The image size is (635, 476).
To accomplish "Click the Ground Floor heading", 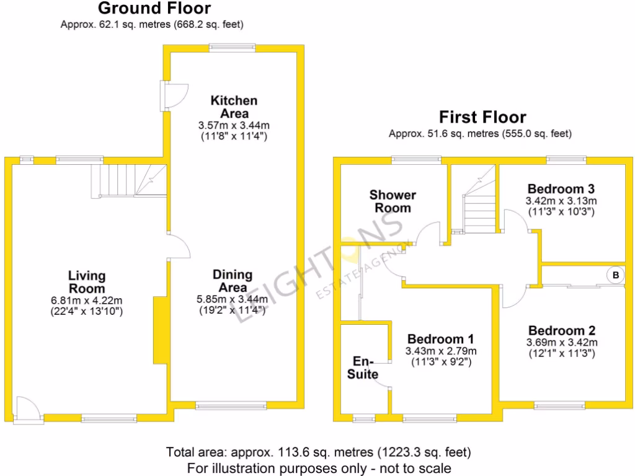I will click(154, 9).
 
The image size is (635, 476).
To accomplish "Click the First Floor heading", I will click(482, 117).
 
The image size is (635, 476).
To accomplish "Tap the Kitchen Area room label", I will click(233, 107).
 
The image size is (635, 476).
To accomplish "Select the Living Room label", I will click(87, 282).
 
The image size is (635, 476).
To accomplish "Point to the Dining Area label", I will click(233, 281).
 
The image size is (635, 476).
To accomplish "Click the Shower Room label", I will click(393, 201).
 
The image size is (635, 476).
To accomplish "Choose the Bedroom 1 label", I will click(440, 339).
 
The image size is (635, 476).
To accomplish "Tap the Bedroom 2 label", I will click(561, 331).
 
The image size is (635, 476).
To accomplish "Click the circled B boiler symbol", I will click(615, 275).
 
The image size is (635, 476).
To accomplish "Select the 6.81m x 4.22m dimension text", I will click(87, 301).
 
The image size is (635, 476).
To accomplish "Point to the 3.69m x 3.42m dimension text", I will click(561, 343).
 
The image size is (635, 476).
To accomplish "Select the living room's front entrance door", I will click(29, 410).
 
